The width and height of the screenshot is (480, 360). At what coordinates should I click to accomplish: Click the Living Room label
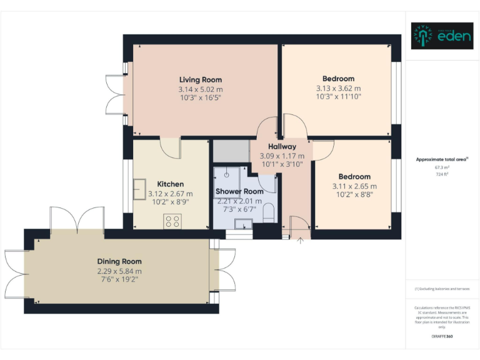tap(200, 79)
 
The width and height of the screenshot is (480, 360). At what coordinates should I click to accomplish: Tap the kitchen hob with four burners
tap(172, 220)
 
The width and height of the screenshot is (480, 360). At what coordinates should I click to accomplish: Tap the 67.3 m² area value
tap(442, 167)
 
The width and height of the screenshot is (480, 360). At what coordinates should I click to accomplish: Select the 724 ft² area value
tap(442, 174)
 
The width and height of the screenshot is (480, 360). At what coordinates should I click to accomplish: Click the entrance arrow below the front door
tap(301, 241)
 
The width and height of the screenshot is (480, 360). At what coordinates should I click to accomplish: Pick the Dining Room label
tap(119, 261)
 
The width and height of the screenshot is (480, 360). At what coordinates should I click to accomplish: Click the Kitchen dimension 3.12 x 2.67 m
tap(170, 194)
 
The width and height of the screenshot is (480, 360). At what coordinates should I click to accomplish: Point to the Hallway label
tap(282, 147)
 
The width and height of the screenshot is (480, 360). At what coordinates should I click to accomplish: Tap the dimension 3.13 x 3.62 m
tap(338, 88)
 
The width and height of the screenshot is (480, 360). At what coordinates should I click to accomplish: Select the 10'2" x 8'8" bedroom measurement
tap(354, 195)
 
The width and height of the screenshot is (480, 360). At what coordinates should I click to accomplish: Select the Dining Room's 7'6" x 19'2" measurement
tap(119, 279)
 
